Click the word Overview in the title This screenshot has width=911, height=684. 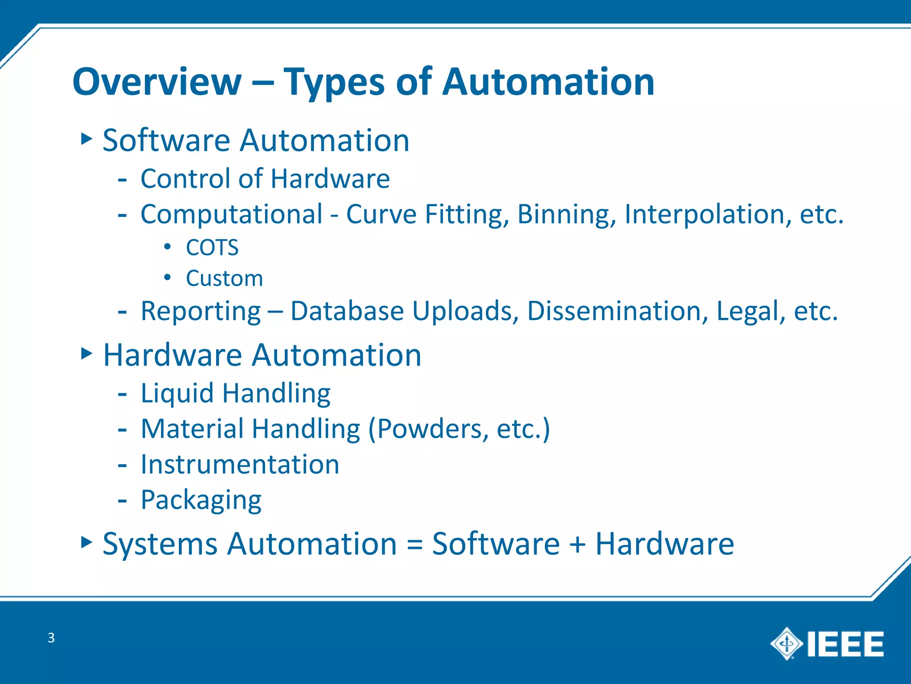[x=157, y=82]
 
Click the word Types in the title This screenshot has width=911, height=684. [x=334, y=83]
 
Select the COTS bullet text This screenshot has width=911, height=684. [x=212, y=248]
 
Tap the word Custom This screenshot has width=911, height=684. [x=224, y=279]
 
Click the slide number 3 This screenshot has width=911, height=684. [x=51, y=638]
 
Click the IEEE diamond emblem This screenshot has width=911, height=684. [x=786, y=643]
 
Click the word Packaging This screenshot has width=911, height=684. [x=201, y=500]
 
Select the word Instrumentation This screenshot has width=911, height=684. [x=240, y=464]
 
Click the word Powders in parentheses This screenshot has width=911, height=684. [x=429, y=429]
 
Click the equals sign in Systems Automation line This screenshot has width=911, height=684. [x=414, y=545]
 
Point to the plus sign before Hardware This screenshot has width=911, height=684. [x=577, y=545]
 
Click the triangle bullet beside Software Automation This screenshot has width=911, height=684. [x=86, y=139]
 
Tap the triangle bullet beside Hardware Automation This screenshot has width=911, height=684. [x=86, y=354]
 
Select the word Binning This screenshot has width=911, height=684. [x=566, y=215]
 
